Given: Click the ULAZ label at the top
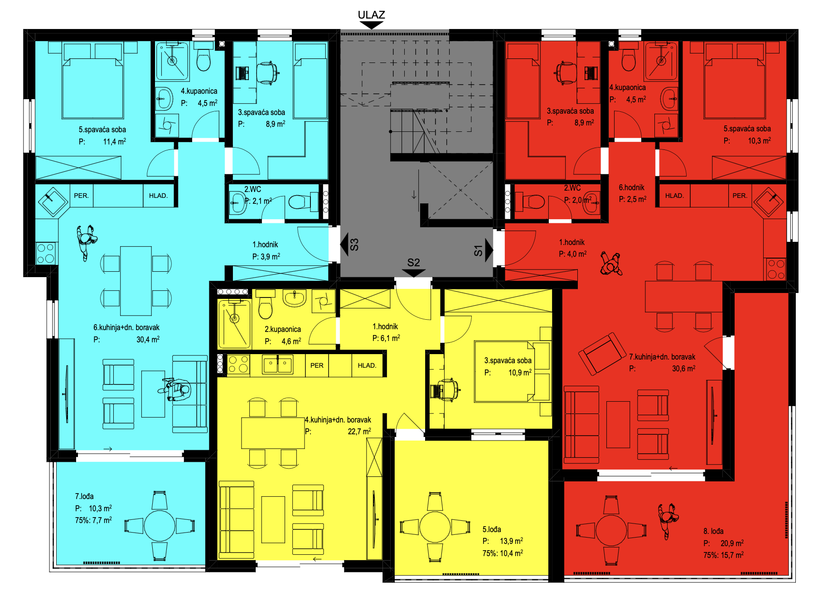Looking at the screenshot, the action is click(x=371, y=15).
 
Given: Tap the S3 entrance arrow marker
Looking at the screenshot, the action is click(x=344, y=245).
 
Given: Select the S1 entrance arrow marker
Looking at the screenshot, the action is click(x=489, y=250).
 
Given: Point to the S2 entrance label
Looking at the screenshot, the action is click(x=413, y=262).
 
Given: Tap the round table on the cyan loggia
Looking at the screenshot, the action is click(x=160, y=526).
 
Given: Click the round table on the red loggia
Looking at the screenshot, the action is click(x=611, y=530).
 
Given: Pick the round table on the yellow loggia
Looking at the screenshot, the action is click(x=435, y=527).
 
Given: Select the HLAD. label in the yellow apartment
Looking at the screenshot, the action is click(x=367, y=365).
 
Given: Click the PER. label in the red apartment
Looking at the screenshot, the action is click(x=740, y=196).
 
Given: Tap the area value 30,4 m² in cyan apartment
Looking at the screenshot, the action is click(x=148, y=340).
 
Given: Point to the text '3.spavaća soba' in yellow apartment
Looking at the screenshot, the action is click(x=508, y=360).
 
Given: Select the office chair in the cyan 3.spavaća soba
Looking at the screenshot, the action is click(x=267, y=72).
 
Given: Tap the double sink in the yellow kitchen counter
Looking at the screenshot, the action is click(x=277, y=365).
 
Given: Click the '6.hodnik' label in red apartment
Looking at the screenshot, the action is click(x=631, y=187).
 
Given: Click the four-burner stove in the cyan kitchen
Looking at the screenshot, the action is click(x=46, y=253).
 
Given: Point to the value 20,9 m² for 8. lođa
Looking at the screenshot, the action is click(x=732, y=543).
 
